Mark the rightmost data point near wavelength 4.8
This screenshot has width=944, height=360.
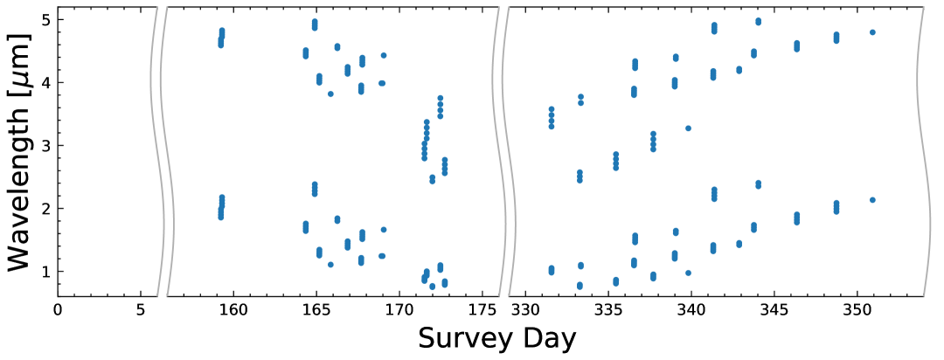[x=872, y=32]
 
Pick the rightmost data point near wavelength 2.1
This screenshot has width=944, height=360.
[x=872, y=200]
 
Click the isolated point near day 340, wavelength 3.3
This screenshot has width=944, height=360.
[x=688, y=128]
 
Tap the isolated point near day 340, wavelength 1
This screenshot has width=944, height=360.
[x=688, y=273]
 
